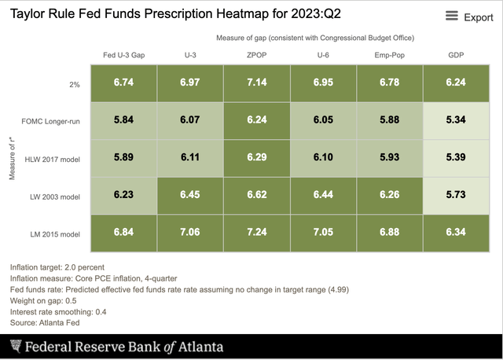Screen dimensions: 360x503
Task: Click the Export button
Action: coord(478,17)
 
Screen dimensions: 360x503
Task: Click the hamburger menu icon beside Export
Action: coord(452,17)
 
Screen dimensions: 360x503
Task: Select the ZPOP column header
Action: coord(257,55)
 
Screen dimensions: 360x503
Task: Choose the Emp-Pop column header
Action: coord(390,55)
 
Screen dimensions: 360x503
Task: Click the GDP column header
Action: coord(456,55)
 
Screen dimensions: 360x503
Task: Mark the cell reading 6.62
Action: coord(257,195)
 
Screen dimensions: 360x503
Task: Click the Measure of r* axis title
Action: coord(13,157)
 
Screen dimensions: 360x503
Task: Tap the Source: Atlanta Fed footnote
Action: coord(45,322)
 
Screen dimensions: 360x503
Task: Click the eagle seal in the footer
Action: coord(16,347)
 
